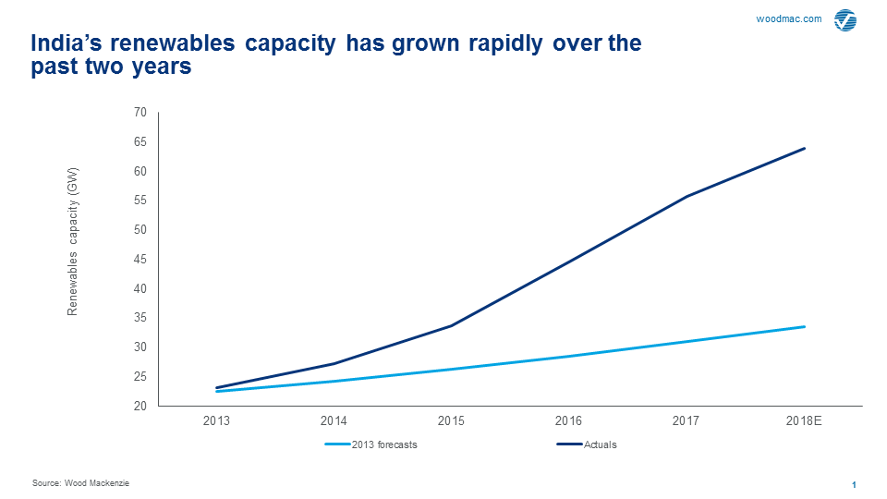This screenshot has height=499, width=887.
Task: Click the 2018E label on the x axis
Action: (804, 420)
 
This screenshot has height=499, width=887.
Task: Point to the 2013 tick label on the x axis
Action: (216, 420)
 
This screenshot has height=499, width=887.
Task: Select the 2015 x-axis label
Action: (451, 420)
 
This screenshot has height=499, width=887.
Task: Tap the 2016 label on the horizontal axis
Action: (568, 420)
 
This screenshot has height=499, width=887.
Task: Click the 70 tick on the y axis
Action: (140, 113)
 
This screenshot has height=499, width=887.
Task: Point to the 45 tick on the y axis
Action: (140, 260)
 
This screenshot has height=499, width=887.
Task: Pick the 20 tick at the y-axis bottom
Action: (140, 407)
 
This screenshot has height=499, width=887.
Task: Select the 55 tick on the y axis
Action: (140, 201)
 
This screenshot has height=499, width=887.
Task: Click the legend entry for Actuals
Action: (600, 444)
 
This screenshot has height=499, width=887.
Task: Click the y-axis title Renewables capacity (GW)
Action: (73, 241)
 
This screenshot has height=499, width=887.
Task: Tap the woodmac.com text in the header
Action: (789, 18)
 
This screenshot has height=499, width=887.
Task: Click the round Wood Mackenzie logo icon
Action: (844, 20)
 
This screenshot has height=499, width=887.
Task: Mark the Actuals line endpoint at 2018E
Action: (805, 148)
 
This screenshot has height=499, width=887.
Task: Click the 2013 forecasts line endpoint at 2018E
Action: (805, 326)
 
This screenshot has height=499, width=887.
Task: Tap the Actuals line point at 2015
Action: (451, 325)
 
